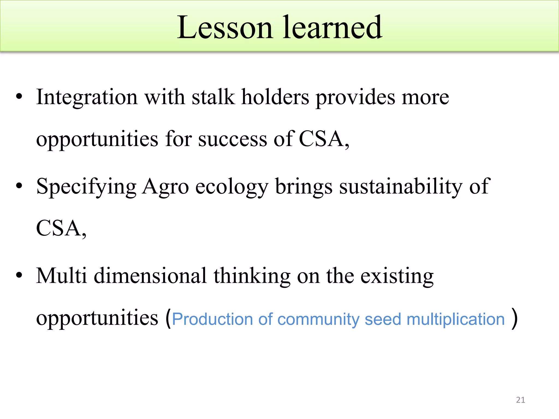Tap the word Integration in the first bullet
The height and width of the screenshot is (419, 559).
click(87, 97)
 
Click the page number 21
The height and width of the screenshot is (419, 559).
click(521, 400)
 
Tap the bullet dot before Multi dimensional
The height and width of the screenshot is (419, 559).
click(19, 275)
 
